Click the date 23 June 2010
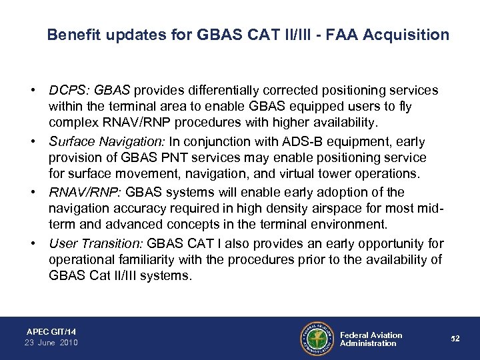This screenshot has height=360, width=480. pyautogui.click(x=52, y=343)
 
